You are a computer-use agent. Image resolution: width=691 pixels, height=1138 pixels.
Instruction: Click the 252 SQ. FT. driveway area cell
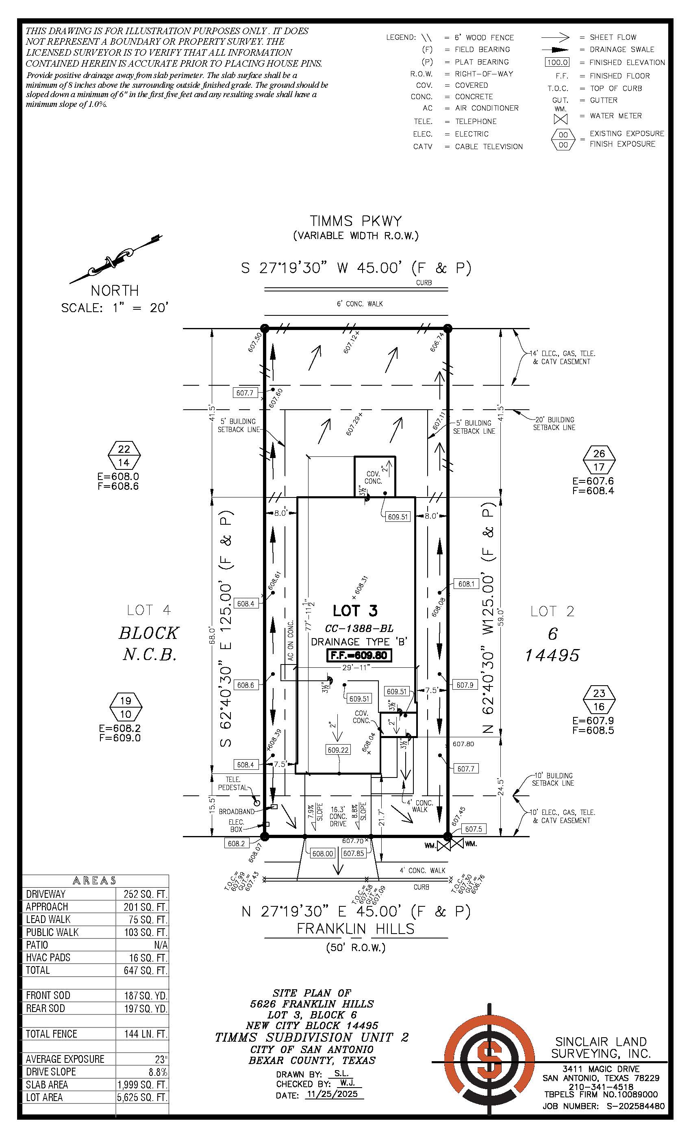coord(143,894)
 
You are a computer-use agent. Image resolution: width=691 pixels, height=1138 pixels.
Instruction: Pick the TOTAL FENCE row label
coord(51,1034)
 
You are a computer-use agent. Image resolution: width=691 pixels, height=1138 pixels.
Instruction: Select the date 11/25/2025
coord(334,1095)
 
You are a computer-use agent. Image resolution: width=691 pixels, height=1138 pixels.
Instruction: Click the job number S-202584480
coord(631,1106)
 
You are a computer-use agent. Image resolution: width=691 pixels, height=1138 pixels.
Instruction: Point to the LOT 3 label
coord(355,610)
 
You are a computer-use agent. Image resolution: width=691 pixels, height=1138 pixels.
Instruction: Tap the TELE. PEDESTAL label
coord(233,783)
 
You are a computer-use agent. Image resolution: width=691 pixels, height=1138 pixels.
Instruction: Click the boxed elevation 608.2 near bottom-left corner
coord(236,843)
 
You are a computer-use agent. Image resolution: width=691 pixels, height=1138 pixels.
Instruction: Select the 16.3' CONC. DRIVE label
coord(338,817)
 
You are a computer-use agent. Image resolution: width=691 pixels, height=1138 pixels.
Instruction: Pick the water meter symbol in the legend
coord(561,119)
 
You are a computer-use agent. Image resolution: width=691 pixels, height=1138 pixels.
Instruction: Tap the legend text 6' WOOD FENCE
coord(484,37)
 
